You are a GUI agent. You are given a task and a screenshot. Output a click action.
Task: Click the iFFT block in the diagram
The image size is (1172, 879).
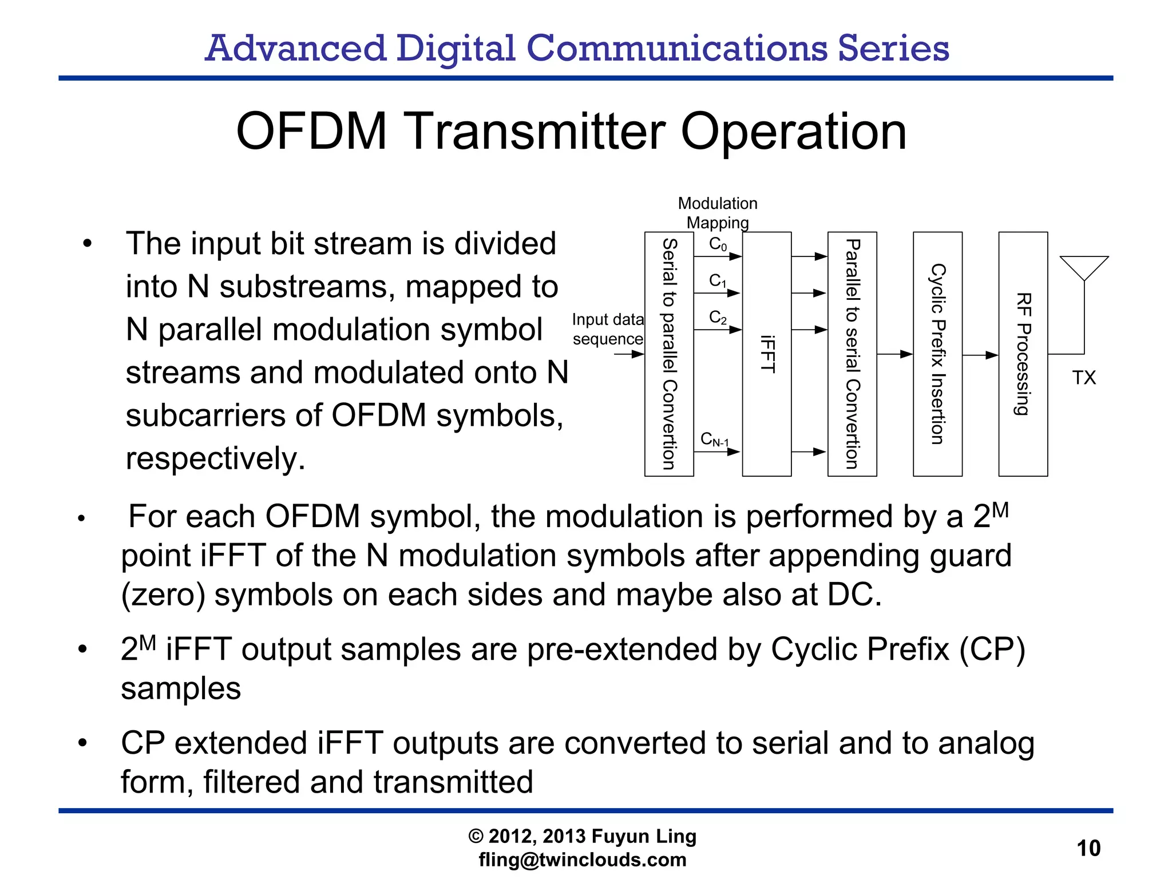point(767,354)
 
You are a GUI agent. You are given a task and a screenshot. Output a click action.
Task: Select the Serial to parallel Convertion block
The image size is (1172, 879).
point(669,354)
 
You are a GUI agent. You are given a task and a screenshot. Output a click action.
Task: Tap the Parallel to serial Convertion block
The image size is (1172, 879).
point(852,354)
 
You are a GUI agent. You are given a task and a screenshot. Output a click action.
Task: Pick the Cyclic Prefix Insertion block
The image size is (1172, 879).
point(937,354)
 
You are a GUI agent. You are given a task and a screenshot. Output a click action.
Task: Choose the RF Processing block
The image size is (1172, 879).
point(1023,354)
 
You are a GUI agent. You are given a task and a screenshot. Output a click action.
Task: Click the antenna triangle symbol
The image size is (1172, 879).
point(1084,266)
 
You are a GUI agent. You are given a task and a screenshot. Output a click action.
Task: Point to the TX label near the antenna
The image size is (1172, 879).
point(1083,378)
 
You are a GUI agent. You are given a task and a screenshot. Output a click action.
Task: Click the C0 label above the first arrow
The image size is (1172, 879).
point(718,244)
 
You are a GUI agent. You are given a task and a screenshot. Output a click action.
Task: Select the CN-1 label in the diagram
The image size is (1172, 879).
point(715,439)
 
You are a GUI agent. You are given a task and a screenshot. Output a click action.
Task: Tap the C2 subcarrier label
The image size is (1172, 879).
point(718,317)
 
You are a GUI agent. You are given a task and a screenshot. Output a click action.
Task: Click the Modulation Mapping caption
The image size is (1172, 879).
point(718,213)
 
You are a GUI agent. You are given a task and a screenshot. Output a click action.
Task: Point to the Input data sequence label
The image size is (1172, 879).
point(608,329)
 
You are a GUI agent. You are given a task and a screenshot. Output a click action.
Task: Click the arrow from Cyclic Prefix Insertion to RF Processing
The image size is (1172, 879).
point(980,355)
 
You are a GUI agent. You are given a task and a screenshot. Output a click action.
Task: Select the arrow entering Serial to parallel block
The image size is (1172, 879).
point(629,354)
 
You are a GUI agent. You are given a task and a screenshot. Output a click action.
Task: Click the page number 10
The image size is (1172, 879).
point(1088,848)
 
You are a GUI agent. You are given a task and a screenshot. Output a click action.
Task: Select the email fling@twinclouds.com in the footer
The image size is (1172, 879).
point(582,860)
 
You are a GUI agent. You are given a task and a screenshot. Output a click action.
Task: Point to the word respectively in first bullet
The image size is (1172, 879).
point(215,458)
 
